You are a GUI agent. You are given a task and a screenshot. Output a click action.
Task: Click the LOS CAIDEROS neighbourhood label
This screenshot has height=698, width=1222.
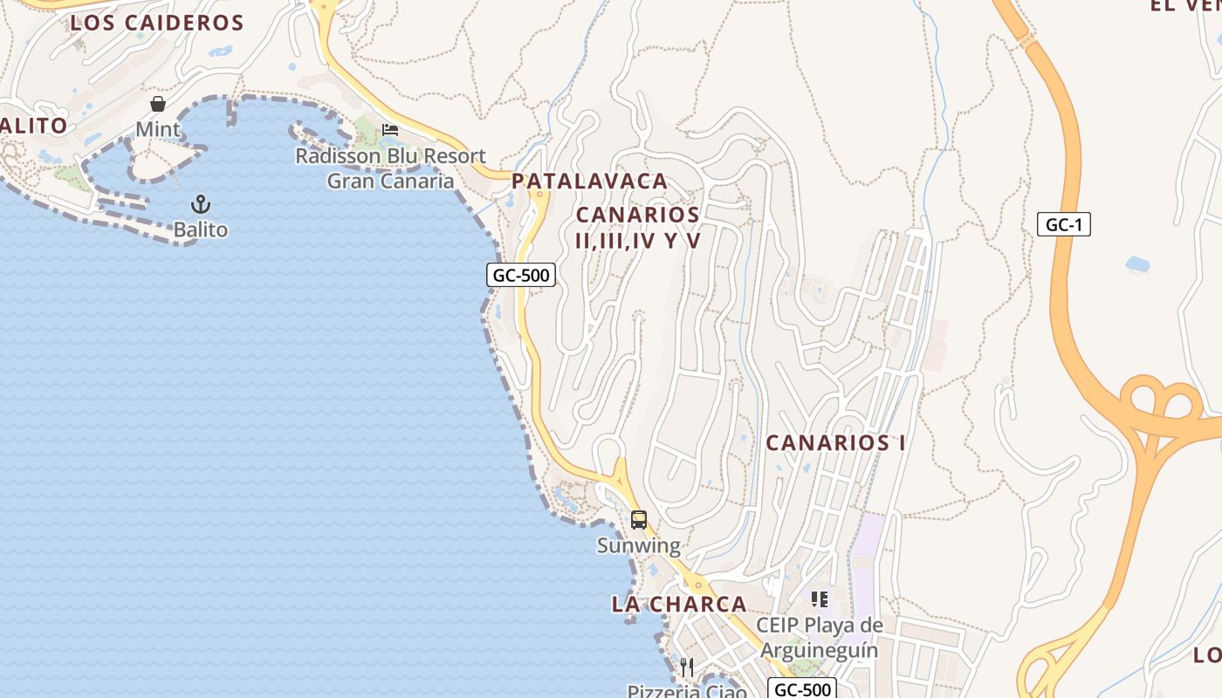click(x=144, y=24)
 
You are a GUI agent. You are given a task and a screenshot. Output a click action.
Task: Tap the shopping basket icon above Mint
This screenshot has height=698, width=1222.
click(x=158, y=104)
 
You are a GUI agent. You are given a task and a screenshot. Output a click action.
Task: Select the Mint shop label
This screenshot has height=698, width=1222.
click(x=158, y=130)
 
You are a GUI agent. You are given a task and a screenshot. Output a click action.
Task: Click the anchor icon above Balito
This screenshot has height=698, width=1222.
click(x=201, y=204)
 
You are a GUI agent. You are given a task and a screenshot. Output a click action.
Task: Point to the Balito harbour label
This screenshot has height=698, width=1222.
click(x=201, y=230)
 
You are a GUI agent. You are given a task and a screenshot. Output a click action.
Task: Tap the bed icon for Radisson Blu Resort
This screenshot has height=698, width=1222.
click(x=390, y=130)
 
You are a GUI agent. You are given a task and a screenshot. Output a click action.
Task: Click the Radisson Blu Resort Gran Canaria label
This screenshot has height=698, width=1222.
click(x=390, y=168)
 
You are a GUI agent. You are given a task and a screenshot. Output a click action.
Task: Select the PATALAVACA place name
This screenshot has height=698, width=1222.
click(x=589, y=181)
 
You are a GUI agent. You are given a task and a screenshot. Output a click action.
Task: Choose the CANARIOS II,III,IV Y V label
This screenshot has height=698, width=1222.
click(x=638, y=228)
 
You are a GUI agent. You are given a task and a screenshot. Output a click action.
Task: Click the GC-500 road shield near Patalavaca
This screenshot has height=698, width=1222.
click(x=521, y=276)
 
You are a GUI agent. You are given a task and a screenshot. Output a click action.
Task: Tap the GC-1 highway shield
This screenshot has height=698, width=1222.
click(x=1064, y=225)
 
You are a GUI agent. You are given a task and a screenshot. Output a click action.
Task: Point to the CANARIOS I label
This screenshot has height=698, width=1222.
click(x=835, y=443)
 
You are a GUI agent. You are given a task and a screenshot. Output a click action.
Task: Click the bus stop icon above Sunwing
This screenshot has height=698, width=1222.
click(x=639, y=520)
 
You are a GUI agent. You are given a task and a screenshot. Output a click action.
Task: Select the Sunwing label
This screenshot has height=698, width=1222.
click(x=638, y=546)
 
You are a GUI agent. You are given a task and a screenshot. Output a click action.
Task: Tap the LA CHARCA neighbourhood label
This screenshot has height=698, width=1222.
click(x=679, y=604)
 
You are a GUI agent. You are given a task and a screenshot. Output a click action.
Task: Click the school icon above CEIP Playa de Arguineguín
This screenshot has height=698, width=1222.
click(x=819, y=599)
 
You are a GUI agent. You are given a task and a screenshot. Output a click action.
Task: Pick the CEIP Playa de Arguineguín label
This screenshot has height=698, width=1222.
click(x=819, y=638)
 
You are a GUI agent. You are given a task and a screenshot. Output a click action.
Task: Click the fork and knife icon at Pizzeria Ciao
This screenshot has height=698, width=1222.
click(x=687, y=667)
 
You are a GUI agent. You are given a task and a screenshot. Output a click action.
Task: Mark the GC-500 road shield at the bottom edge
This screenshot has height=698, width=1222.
click(x=803, y=689)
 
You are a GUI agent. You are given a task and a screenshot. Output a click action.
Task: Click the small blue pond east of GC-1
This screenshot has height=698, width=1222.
click(x=1137, y=263)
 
